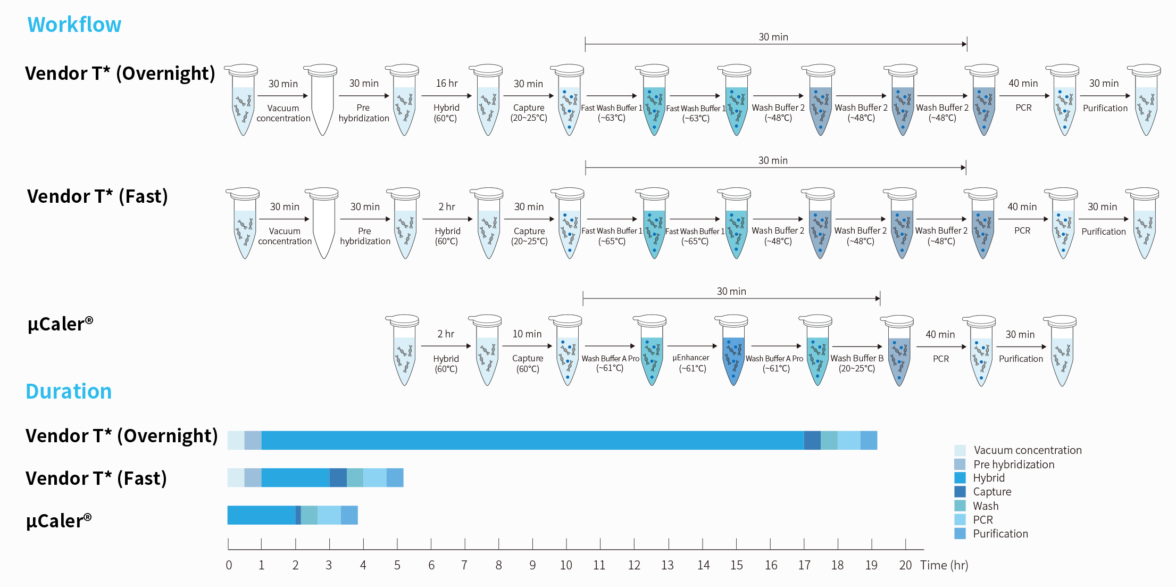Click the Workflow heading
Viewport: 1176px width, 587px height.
pos(74,24)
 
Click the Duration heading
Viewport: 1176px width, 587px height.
pos(69,391)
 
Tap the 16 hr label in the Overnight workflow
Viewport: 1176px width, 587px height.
pos(446,83)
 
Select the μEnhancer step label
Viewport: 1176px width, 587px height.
pos(691,358)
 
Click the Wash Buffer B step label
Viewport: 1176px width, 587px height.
pos(856,358)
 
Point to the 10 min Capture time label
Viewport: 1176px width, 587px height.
pos(527,334)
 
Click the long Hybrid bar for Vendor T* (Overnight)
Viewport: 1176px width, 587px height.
pos(532,440)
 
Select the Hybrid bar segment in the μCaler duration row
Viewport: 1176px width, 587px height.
pos(261,515)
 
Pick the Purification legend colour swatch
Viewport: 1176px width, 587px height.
pos(960,533)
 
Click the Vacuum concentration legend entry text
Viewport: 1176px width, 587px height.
pos(1027,450)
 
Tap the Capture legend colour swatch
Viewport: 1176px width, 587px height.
pos(960,491)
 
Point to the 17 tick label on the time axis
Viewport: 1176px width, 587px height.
pos(804,565)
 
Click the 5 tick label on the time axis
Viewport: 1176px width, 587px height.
pos(397,565)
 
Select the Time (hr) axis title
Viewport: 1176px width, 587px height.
pos(944,565)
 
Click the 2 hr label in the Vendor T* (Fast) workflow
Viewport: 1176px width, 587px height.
pos(446,206)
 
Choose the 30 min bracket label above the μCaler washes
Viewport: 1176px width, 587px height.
pos(731,291)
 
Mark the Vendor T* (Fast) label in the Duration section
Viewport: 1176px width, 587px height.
pos(96,478)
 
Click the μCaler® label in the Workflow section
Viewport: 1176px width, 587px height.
pos(60,324)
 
